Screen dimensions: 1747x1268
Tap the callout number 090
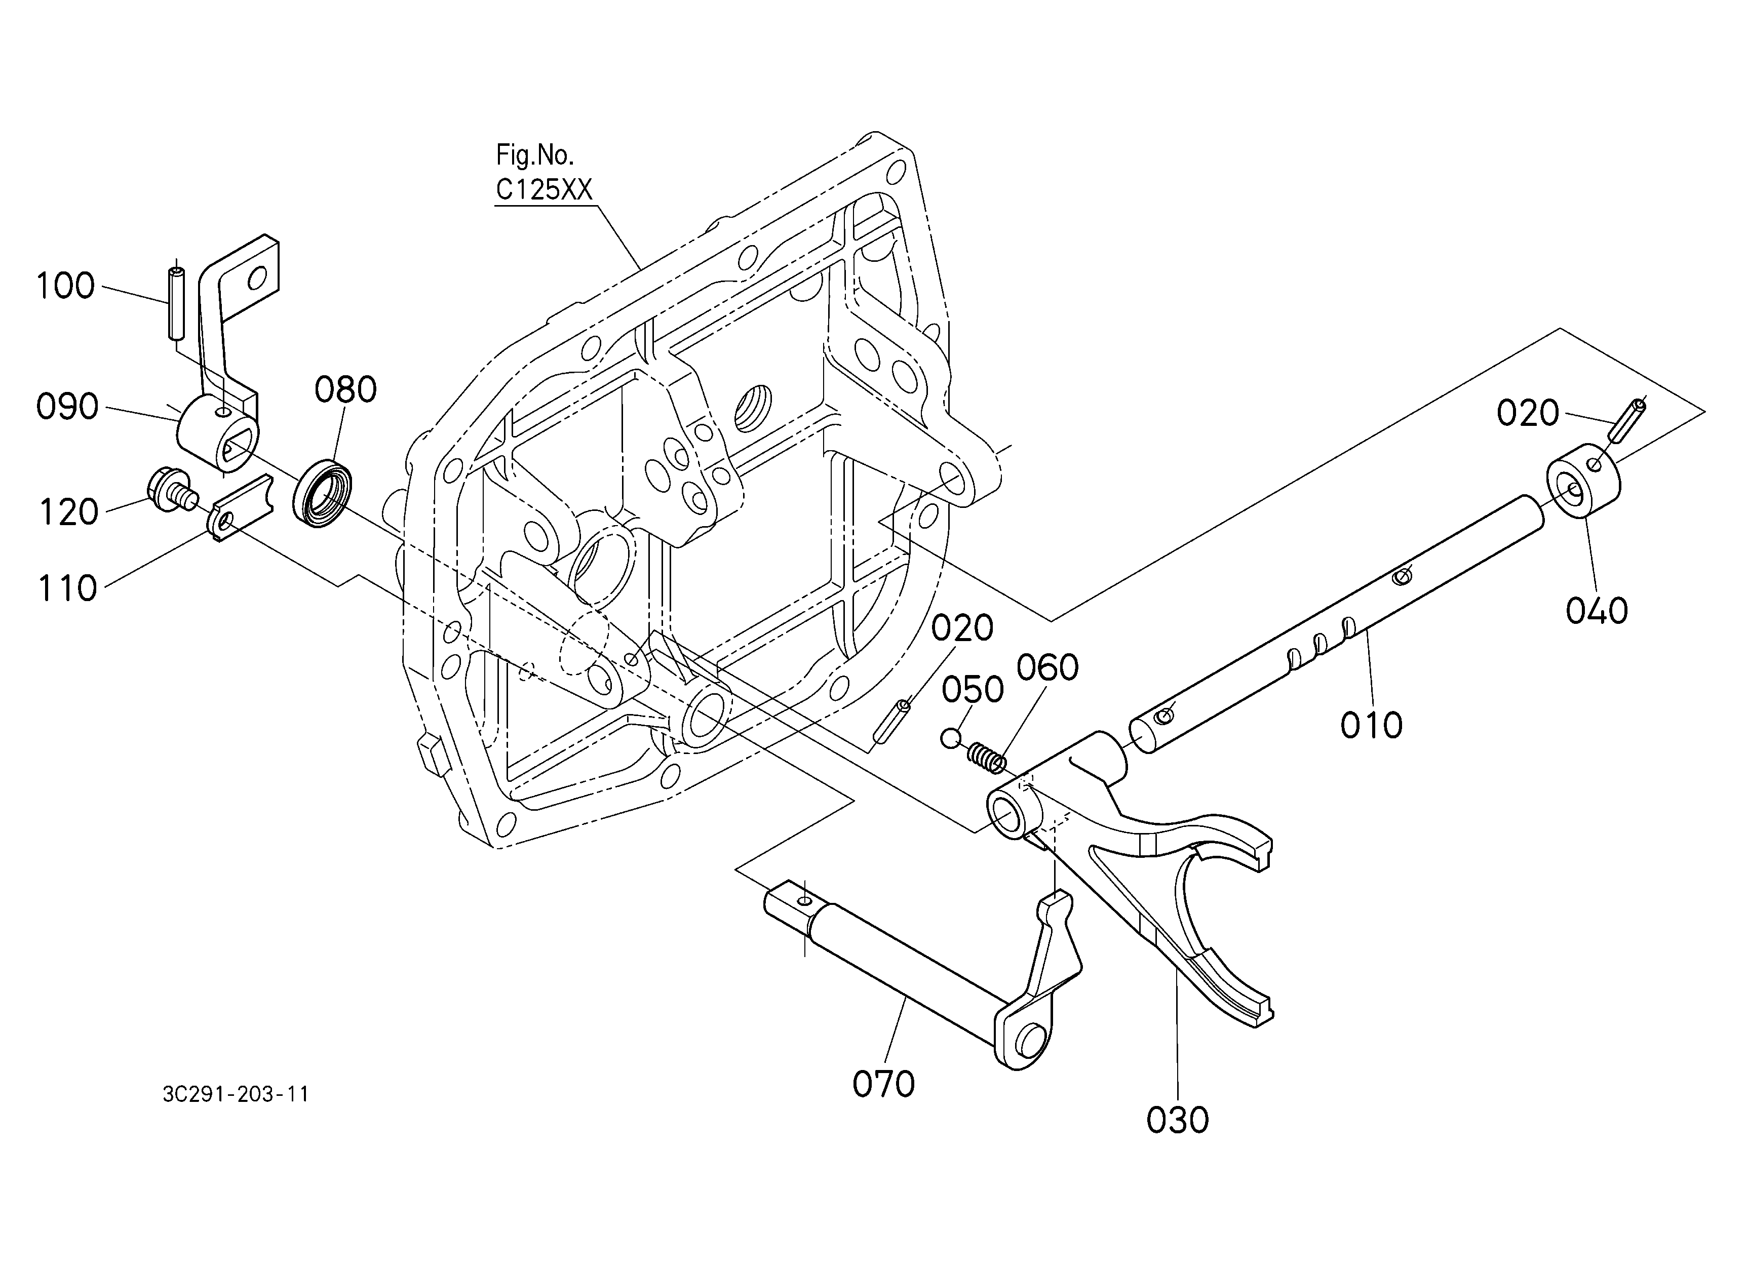[68, 407]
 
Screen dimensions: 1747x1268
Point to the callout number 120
[68, 512]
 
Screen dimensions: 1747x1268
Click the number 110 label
[68, 588]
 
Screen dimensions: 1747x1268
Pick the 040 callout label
[1597, 611]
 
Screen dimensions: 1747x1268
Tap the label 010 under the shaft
[1371, 725]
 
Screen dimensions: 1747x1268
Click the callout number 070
[883, 1084]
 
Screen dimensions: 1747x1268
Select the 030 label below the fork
[1178, 1120]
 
